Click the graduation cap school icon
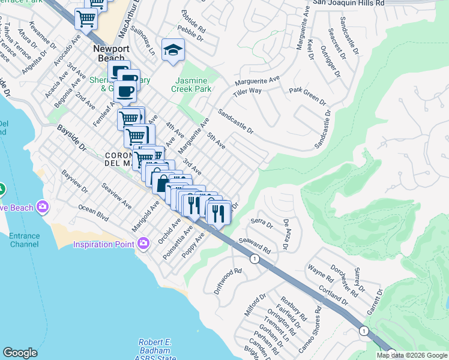tap(173, 49)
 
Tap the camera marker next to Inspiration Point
tap(143, 244)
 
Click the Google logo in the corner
tap(20, 353)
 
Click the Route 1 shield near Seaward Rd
tap(255, 258)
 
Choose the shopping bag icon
tap(161, 183)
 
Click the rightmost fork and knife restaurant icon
tap(218, 212)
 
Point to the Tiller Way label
tap(247, 91)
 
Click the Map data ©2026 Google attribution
tap(411, 355)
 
